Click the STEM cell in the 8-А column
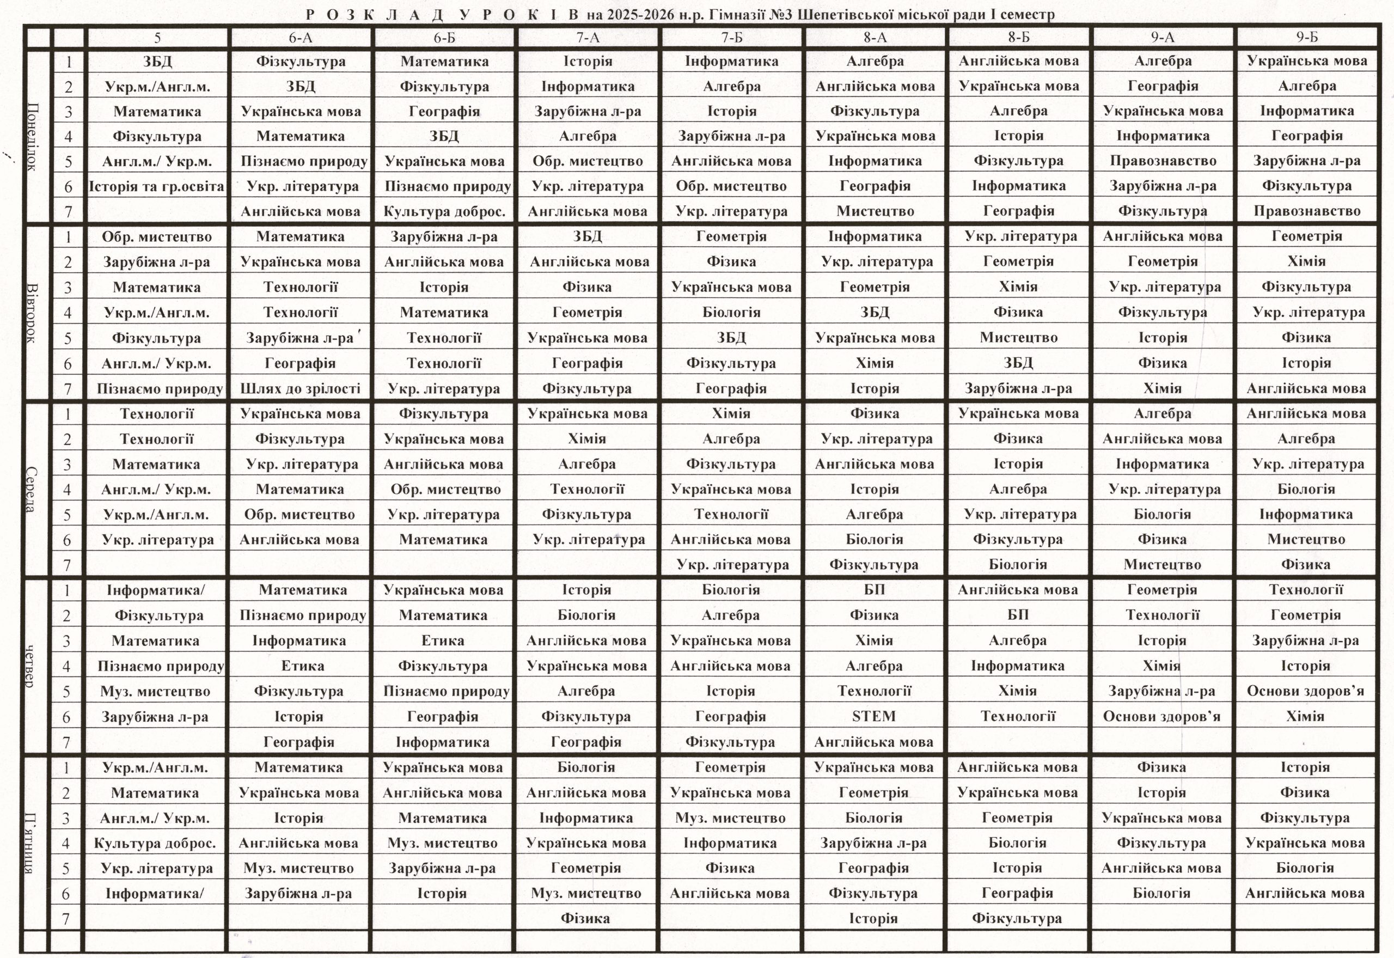pos(874,716)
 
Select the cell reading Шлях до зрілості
pos(300,388)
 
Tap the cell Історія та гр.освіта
pos(157,186)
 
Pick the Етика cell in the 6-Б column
pos(443,640)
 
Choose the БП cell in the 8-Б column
pos(1018,615)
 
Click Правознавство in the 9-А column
pos(1163,161)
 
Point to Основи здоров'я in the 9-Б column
pos(1306,691)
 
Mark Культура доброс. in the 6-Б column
pos(444,211)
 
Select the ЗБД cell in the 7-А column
pos(588,236)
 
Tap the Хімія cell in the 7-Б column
pos(731,413)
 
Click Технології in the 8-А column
pos(875,691)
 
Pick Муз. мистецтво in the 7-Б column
pos(730,817)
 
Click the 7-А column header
pos(588,38)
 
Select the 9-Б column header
pos(1307,37)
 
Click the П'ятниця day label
pos(30,843)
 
